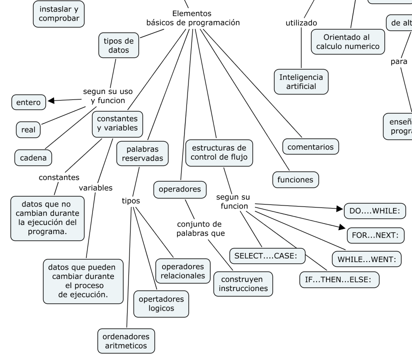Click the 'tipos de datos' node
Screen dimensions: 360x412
pyautogui.click(x=118, y=45)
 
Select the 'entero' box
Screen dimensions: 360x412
pyautogui.click(x=28, y=102)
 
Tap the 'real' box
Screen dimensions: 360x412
pyautogui.click(x=28, y=130)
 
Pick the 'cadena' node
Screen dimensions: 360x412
pyautogui.click(x=33, y=158)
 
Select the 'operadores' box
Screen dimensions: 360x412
pyautogui.click(x=179, y=189)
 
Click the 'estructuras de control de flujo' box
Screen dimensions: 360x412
pyautogui.click(x=219, y=153)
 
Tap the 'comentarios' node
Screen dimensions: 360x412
pyautogui.click(x=310, y=147)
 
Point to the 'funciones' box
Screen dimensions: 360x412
pyautogui.click(x=295, y=179)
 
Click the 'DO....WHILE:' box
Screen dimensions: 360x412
pyautogui.click(x=374, y=211)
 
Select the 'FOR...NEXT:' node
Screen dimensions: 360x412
pyautogui.click(x=375, y=235)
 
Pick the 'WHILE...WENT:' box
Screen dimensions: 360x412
pyautogui.click(x=366, y=259)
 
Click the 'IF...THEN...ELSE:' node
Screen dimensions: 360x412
pyautogui.click(x=339, y=279)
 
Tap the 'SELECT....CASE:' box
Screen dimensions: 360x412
pyautogui.click(x=266, y=255)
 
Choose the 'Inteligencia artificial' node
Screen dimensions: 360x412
pyautogui.click(x=301, y=81)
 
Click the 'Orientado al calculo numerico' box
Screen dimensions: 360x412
pyautogui.click(x=347, y=42)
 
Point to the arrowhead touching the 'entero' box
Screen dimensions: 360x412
pyautogui.click(x=50, y=101)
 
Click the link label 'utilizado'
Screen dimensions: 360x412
pyautogui.click(x=301, y=23)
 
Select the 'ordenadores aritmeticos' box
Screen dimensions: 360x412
pyautogui.click(x=125, y=341)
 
